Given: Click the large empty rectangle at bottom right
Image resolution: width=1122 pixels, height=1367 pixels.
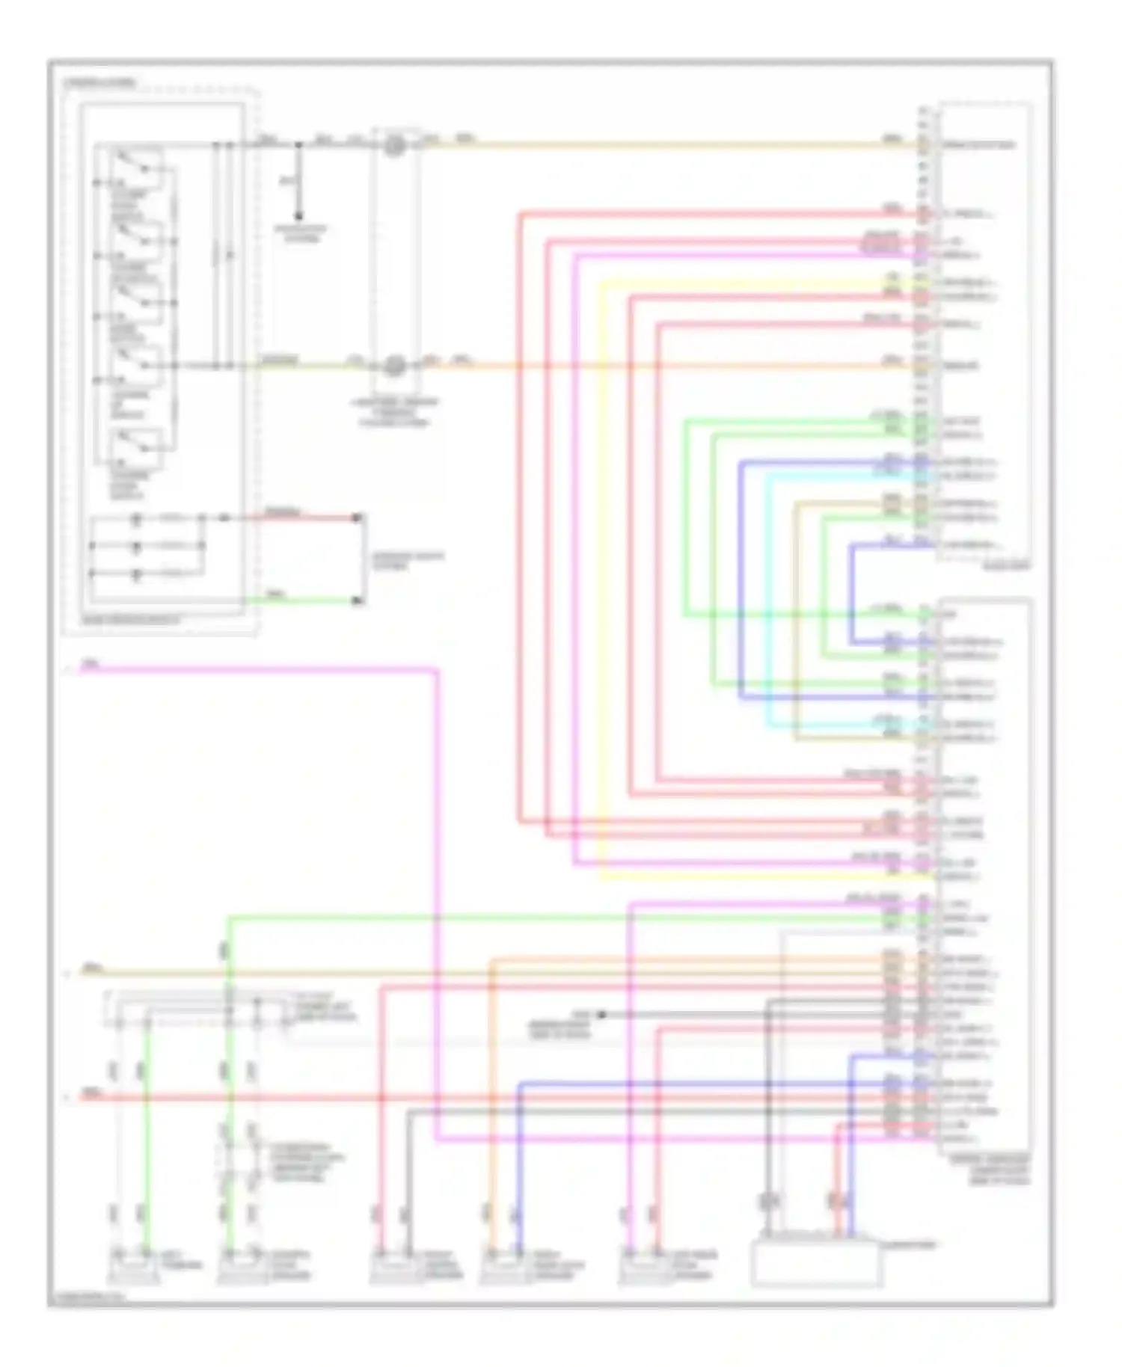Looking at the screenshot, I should click(816, 1263).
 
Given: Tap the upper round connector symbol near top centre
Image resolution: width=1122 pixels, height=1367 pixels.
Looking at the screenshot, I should click(394, 145).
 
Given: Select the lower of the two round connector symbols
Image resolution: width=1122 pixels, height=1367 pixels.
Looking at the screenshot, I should click(394, 366).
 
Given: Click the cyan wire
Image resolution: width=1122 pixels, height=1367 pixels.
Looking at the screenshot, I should click(768, 598).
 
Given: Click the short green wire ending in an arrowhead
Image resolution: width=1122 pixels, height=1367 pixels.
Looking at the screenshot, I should click(307, 600).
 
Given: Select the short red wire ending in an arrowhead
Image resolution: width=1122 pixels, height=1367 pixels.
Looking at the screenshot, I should click(307, 517).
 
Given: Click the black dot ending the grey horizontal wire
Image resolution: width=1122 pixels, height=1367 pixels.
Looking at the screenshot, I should click(601, 1015).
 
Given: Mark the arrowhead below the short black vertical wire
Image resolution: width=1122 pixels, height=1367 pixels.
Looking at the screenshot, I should click(298, 216).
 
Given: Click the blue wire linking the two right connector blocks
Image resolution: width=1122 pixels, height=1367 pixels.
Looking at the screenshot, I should click(851, 591).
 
